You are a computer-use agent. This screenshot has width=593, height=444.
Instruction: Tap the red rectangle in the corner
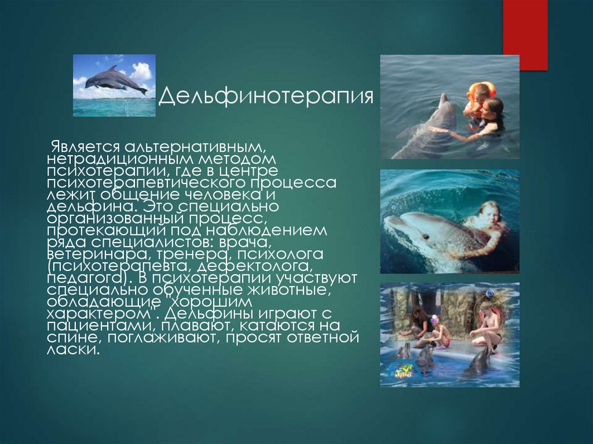point(525,35)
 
